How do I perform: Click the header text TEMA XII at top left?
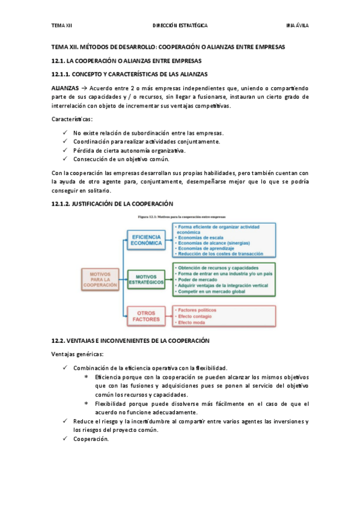[x=61, y=26]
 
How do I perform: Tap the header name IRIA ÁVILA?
[x=298, y=26]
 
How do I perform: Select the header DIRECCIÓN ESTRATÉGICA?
[x=180, y=26]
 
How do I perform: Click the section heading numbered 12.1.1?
[x=129, y=74]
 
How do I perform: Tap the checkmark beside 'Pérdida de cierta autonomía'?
[x=65, y=150]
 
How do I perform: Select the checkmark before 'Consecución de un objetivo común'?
[x=65, y=159]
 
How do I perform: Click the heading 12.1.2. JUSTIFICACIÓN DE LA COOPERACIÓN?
[x=112, y=204]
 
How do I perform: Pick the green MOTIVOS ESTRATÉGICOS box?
[x=147, y=279]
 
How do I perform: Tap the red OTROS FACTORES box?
[x=147, y=316]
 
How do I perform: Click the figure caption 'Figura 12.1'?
[x=180, y=216]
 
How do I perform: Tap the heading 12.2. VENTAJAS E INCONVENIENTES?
[x=130, y=340]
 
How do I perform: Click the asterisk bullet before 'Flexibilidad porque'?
[x=87, y=404]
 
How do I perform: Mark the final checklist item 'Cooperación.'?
[x=91, y=439]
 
